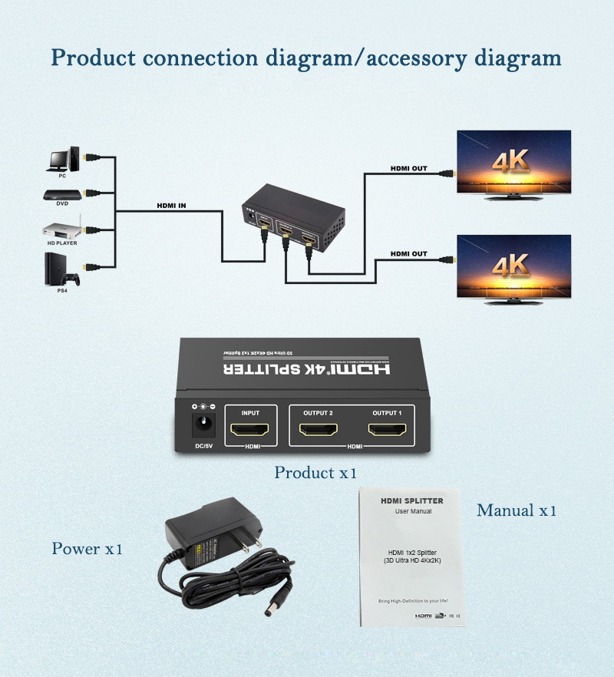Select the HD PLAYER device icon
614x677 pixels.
coord(62,230)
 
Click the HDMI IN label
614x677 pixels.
coord(170,205)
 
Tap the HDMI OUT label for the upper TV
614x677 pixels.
coord(408,168)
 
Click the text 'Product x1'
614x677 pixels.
coord(315,473)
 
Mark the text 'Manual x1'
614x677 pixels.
coord(516,510)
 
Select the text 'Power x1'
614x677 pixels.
coord(87,549)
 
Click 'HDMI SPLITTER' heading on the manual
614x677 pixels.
coord(412,500)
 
